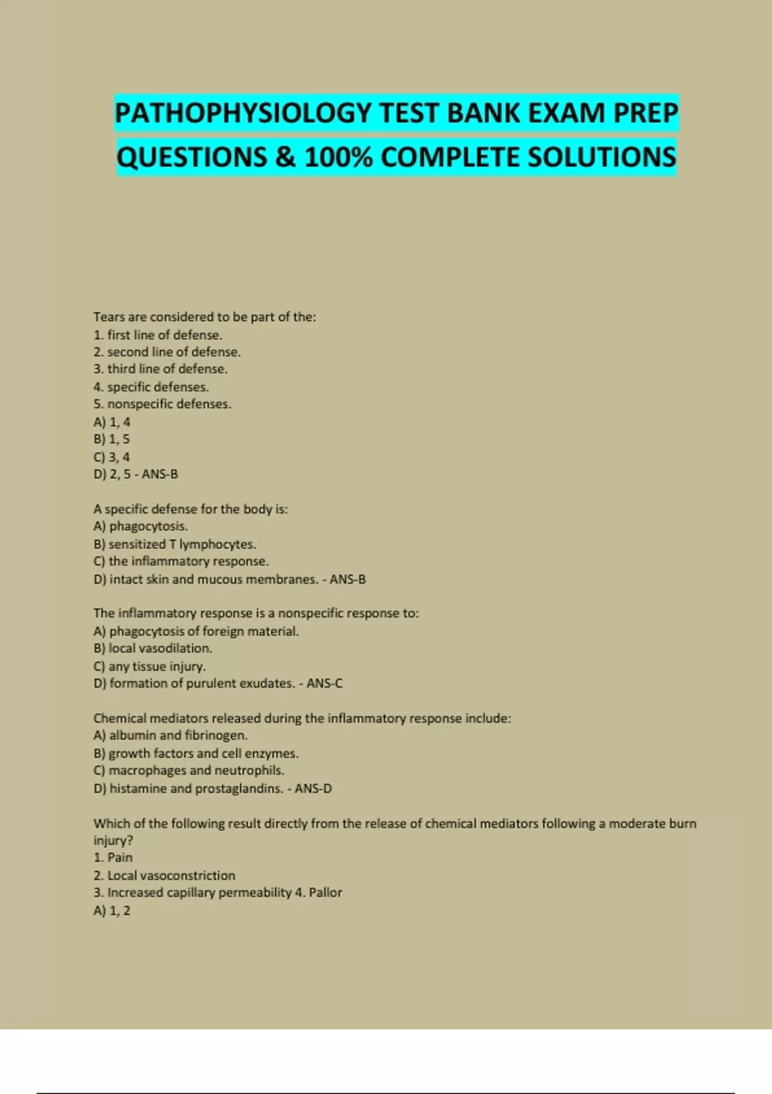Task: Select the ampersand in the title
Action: coord(285,158)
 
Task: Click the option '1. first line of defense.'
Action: coord(158,335)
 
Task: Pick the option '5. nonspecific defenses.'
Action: coord(162,404)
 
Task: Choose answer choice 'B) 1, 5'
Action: coord(111,440)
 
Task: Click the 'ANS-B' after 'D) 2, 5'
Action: coord(160,474)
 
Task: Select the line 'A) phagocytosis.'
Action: coord(140,526)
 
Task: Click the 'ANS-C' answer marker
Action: coord(324,683)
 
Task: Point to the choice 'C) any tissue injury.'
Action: coord(149,666)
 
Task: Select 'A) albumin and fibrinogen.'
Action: coord(170,736)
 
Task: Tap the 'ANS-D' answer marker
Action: coord(313,788)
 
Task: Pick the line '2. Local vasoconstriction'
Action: coord(164,876)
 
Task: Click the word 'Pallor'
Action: coord(326,893)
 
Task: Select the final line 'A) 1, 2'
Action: coord(111,911)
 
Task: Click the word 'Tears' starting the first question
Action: coord(108,317)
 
